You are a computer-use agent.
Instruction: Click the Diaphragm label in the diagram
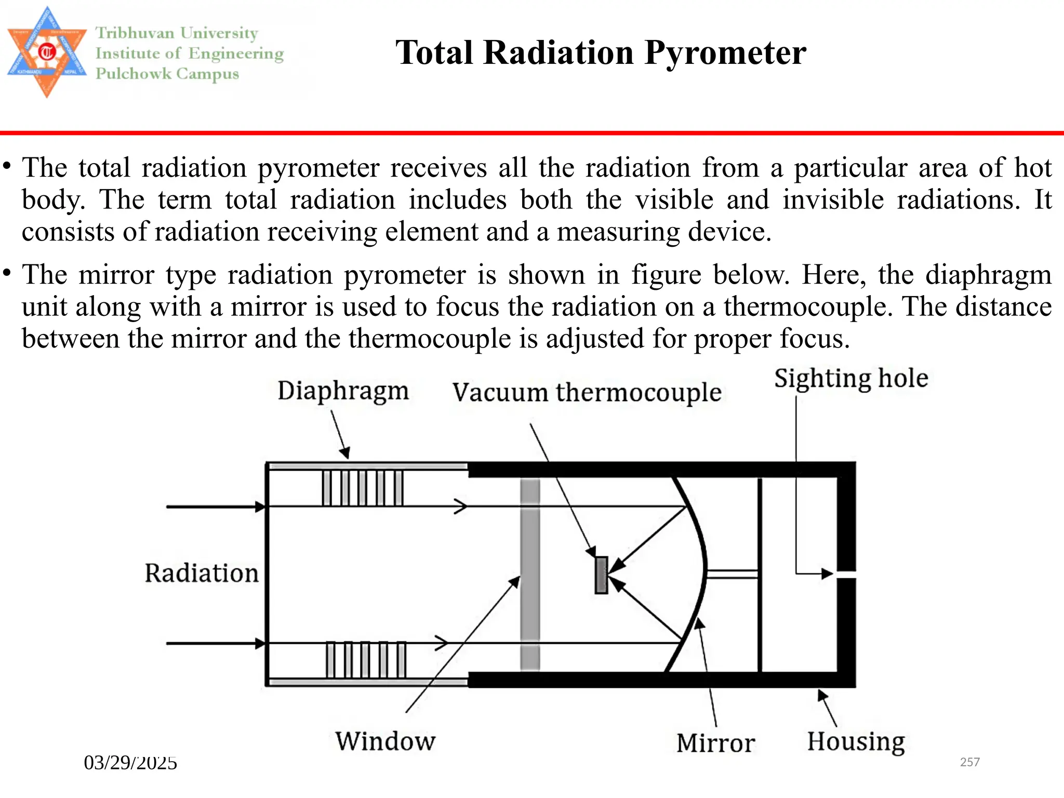[x=343, y=391]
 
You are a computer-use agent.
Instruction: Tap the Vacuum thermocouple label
[x=587, y=393]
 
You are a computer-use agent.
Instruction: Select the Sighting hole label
[x=850, y=378]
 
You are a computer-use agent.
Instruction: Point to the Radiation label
[x=201, y=574]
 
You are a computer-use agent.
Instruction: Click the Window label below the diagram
[x=385, y=741]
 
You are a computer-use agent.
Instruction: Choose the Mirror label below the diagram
[x=715, y=743]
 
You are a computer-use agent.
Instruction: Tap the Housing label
[x=856, y=741]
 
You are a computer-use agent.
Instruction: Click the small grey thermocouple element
[x=601, y=575]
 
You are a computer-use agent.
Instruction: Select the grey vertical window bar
[x=530, y=574]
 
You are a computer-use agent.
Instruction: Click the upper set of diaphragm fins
[x=363, y=488]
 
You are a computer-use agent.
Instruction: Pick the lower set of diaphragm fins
[x=366, y=660]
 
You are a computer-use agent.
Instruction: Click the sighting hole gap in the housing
[x=846, y=574]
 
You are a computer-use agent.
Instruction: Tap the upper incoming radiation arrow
[x=216, y=507]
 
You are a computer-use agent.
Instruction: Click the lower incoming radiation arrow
[x=216, y=644]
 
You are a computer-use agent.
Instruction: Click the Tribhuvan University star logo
[x=47, y=52]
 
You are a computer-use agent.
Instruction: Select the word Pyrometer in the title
[x=725, y=53]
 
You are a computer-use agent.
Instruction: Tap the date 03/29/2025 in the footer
[x=130, y=763]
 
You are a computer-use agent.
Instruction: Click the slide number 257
[x=969, y=762]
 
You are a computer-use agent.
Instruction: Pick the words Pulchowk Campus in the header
[x=167, y=74]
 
